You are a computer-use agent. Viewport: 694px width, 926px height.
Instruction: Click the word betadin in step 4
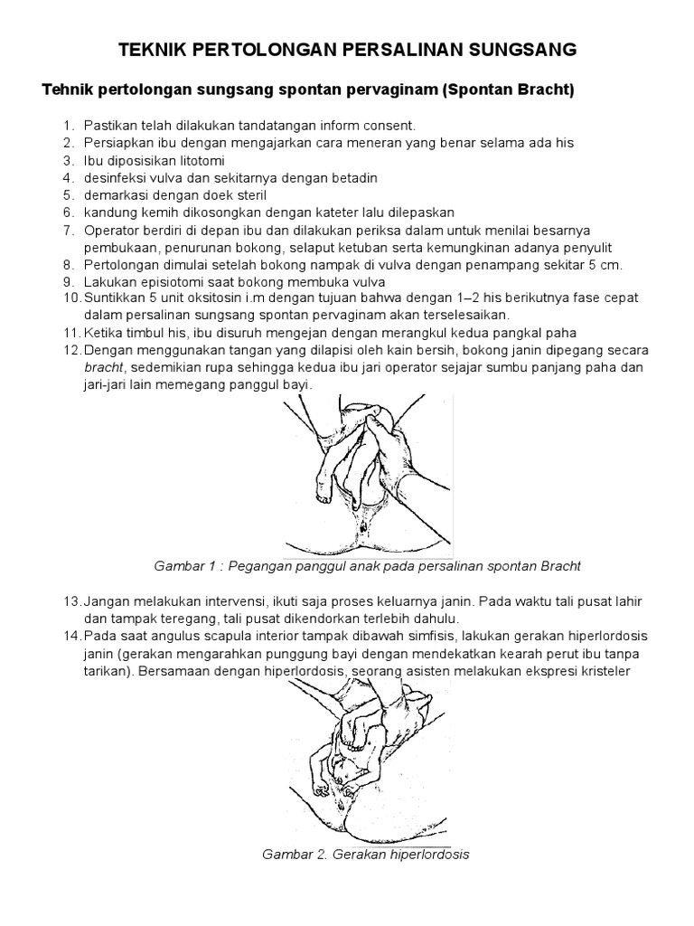(355, 177)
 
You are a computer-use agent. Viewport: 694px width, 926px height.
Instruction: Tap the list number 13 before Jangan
(70, 601)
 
